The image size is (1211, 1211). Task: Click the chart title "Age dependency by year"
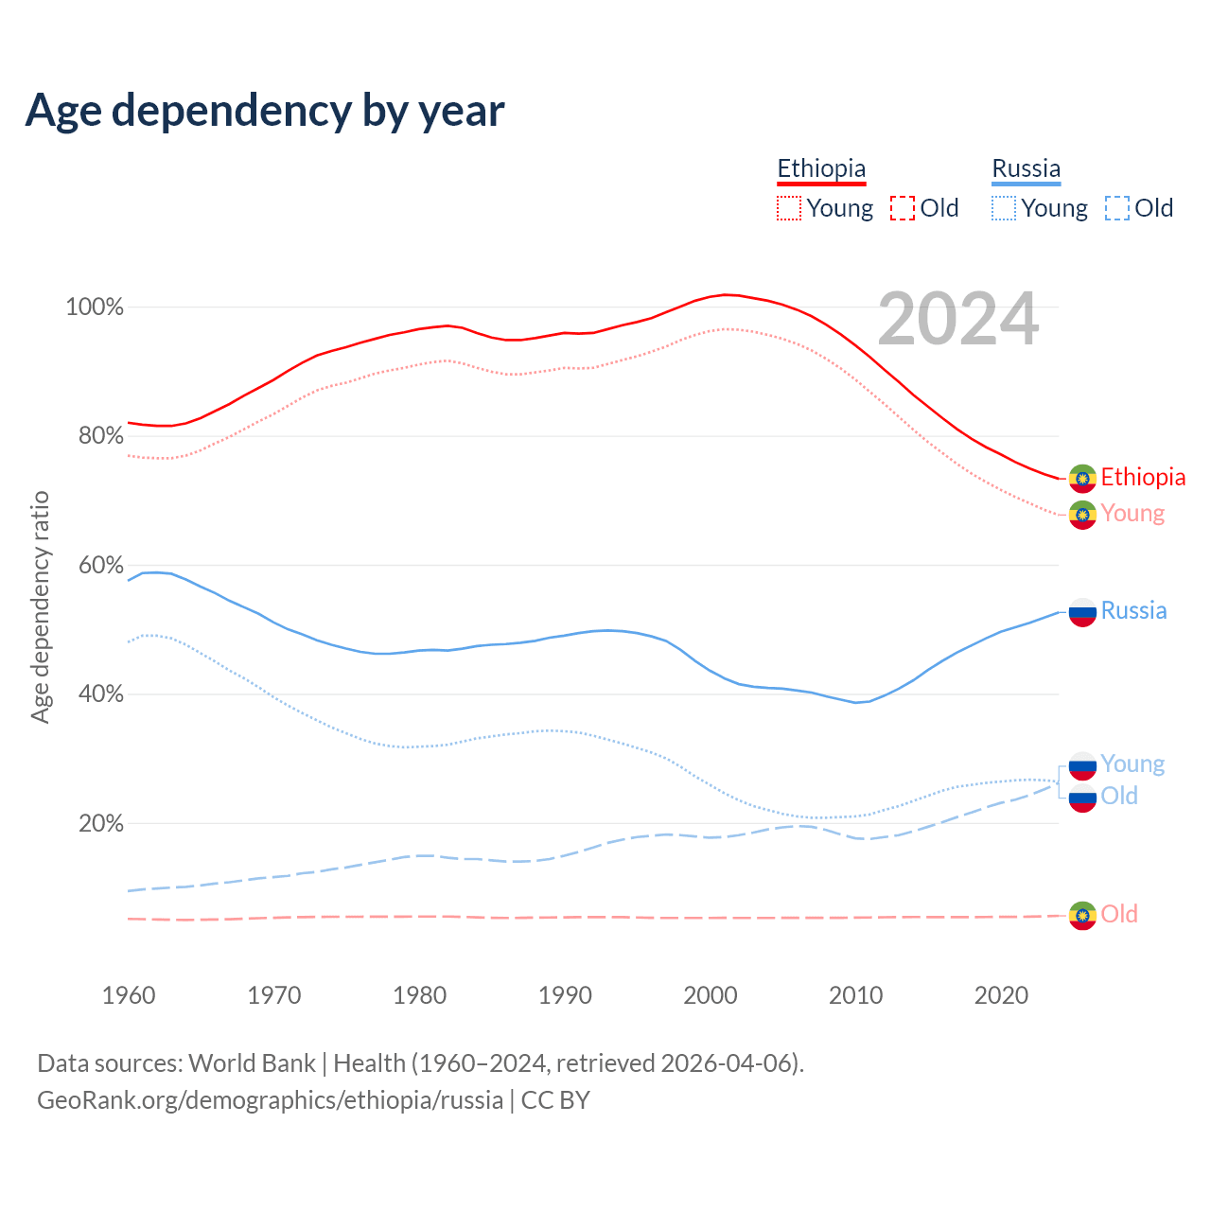pyautogui.click(x=265, y=110)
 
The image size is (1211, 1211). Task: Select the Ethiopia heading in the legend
pyautogui.click(x=821, y=168)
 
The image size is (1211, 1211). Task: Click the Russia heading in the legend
pyautogui.click(x=1026, y=168)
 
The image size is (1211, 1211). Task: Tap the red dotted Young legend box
pyautogui.click(x=789, y=208)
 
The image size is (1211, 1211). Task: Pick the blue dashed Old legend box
pyautogui.click(x=1116, y=208)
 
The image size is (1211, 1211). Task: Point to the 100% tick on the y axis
pyautogui.click(x=95, y=307)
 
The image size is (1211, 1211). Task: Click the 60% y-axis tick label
pyautogui.click(x=100, y=566)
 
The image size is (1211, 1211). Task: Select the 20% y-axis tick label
pyautogui.click(x=100, y=824)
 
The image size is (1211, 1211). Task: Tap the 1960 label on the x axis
pyautogui.click(x=129, y=995)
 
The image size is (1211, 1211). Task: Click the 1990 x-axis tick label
pyautogui.click(x=565, y=995)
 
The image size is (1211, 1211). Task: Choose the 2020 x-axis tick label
pyautogui.click(x=1001, y=995)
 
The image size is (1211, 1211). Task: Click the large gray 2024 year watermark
pyautogui.click(x=958, y=319)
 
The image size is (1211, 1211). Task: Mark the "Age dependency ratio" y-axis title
pyautogui.click(x=40, y=606)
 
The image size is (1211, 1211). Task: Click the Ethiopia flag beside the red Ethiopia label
pyautogui.click(x=1082, y=478)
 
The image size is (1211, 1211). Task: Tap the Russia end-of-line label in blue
pyautogui.click(x=1133, y=611)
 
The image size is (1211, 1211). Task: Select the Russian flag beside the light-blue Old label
pyautogui.click(x=1082, y=798)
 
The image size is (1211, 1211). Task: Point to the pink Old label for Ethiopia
pyautogui.click(x=1119, y=914)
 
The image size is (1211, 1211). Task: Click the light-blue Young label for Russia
pyautogui.click(x=1132, y=764)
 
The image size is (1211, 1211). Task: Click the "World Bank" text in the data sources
pyautogui.click(x=252, y=1063)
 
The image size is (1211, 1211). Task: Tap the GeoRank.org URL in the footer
pyautogui.click(x=270, y=1100)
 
